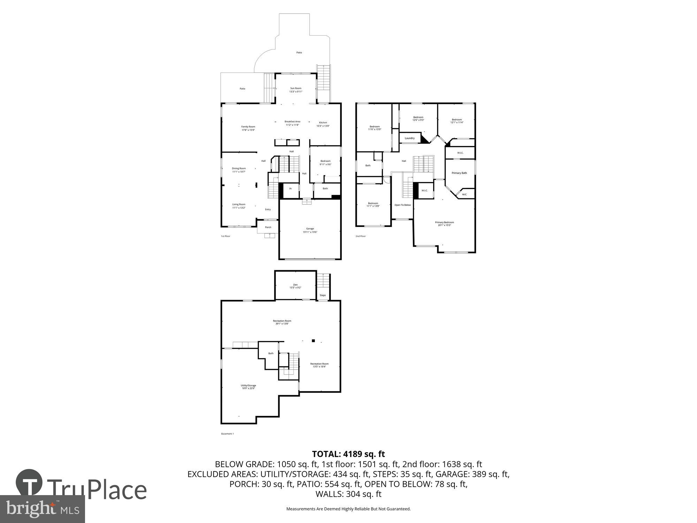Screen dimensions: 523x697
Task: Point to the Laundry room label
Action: [409, 138]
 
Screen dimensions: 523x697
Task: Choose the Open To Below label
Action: [403, 205]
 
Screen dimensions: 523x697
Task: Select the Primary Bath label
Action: [459, 173]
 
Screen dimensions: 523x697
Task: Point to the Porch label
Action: [268, 227]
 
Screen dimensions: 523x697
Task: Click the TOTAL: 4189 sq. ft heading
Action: [348, 454]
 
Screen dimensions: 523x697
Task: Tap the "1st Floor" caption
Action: [225, 236]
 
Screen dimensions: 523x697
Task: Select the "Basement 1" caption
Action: [227, 434]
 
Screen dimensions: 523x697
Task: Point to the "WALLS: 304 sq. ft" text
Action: [348, 494]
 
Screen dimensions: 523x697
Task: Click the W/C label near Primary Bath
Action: [464, 195]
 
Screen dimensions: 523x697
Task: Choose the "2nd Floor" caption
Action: [360, 236]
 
